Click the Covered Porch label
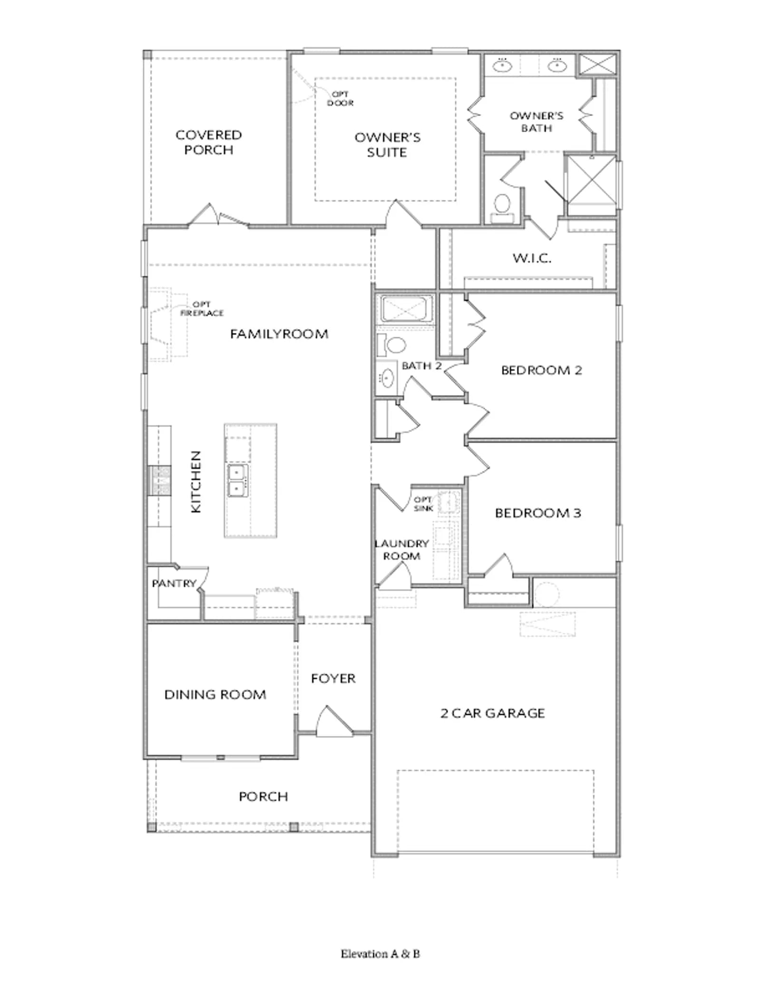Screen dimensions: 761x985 tap(209, 142)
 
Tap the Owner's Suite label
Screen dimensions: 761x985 tap(387, 145)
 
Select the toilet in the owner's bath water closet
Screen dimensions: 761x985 tap(502, 209)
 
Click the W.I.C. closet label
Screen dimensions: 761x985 tap(532, 258)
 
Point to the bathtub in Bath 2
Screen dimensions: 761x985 tap(406, 310)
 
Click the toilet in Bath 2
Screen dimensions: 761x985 tap(391, 345)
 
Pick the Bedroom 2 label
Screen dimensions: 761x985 tap(542, 370)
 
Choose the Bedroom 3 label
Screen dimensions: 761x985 tap(538, 513)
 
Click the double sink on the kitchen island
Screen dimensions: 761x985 tap(237, 480)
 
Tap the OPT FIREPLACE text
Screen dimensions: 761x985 tap(202, 309)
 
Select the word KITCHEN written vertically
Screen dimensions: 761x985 tap(196, 482)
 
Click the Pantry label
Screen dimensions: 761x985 tap(174, 583)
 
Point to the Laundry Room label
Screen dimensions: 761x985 tap(401, 550)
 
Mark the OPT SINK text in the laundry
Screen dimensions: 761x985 tap(423, 504)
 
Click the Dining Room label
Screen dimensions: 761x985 tap(215, 695)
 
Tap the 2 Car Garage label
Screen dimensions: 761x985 tap(493, 713)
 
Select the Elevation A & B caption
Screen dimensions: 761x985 tap(380, 954)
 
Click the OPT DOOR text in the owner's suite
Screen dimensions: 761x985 tap(340, 98)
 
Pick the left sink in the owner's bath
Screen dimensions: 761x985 tap(502, 65)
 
